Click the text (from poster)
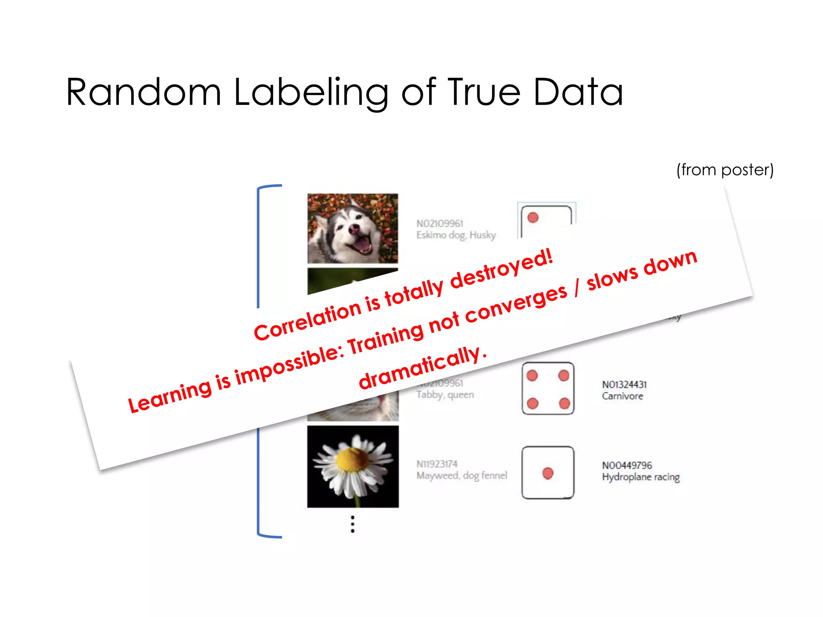725,170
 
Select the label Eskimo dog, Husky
456,235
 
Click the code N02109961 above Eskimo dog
440,223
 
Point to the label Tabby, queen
445,395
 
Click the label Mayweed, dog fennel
461,476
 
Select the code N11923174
437,464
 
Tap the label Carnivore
622,396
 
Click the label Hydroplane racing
641,477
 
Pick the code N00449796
626,465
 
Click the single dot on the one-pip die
548,473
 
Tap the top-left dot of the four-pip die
532,376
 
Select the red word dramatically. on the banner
422,368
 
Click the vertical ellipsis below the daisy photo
352,524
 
